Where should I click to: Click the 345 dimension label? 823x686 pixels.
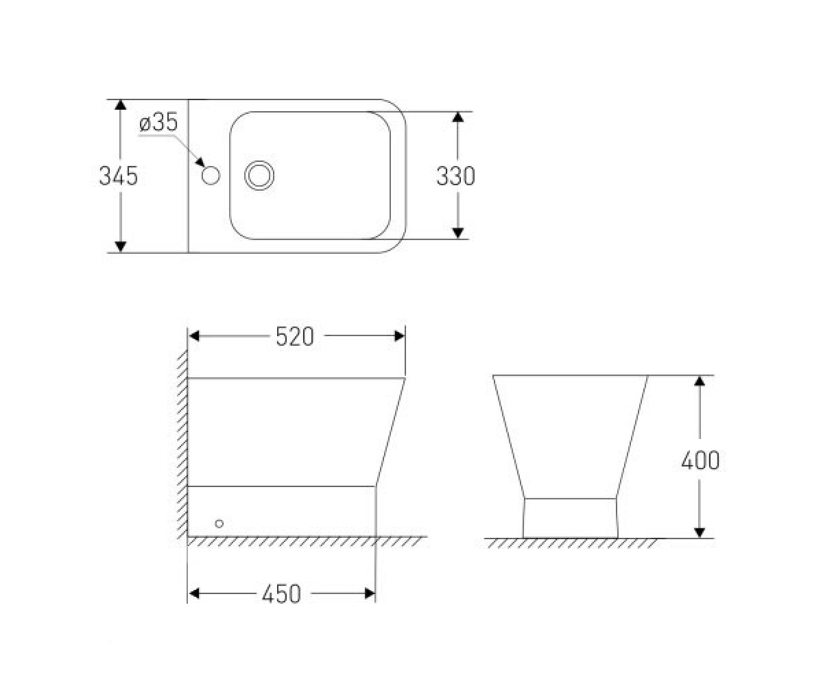[118, 176]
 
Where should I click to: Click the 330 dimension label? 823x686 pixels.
[455, 176]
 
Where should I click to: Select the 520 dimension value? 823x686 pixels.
[294, 337]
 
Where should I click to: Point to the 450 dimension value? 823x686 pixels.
[281, 594]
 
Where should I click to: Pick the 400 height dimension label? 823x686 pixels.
[700, 460]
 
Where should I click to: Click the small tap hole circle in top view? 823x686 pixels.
[211, 175]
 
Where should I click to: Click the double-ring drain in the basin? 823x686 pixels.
[259, 176]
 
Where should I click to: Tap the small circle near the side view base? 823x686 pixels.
[219, 523]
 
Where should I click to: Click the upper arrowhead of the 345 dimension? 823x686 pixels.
[121, 104]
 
